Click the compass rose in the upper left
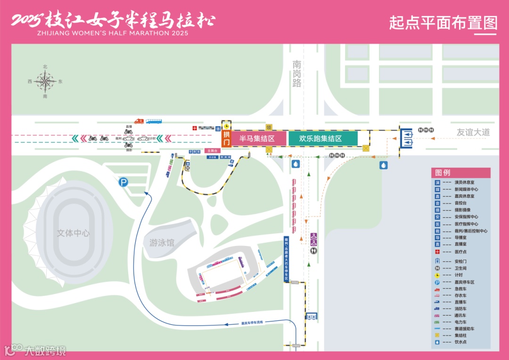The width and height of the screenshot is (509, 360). pos(45,82)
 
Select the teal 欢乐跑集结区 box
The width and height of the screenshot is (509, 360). pos(323,139)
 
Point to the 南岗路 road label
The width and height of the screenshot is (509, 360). pos(296,74)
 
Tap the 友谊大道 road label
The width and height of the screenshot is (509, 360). pos(473,132)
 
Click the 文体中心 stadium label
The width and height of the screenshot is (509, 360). pos(73,233)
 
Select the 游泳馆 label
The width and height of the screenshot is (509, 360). pos(162,243)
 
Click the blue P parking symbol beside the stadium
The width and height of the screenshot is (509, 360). pos(123,182)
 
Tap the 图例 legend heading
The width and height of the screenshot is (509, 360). pos(443,172)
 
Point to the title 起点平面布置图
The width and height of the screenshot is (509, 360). pos(443,22)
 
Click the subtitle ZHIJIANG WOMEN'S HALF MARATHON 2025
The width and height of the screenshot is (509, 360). pos(112,33)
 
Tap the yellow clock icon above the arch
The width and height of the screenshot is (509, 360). pos(227,126)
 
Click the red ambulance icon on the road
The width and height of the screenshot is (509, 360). pos(139,121)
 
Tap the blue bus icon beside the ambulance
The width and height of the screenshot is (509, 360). pos(154,121)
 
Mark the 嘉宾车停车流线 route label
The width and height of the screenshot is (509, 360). pos(252,323)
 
